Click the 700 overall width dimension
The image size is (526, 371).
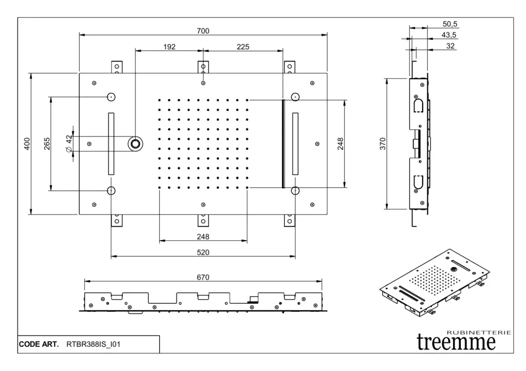[x=203, y=31]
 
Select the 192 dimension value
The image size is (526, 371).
[x=170, y=47]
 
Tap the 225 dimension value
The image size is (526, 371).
[x=243, y=47]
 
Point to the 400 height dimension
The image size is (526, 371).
[x=27, y=144]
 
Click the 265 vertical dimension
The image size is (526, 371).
[x=47, y=143]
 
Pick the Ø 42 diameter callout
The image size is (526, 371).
[x=69, y=143]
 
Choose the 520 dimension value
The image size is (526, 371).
[x=203, y=252]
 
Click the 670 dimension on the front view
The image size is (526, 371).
[x=203, y=277]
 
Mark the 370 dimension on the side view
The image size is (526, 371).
[x=382, y=144]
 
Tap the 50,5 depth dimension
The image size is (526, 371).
[x=450, y=24]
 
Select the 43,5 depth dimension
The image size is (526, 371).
[x=449, y=34]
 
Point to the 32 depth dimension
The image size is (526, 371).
[x=450, y=46]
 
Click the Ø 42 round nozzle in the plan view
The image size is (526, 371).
[x=136, y=143]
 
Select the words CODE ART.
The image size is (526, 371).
[x=39, y=344]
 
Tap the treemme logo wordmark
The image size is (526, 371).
[x=457, y=341]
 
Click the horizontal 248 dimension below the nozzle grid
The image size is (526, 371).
[x=203, y=237]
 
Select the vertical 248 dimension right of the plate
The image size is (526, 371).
[x=340, y=144]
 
